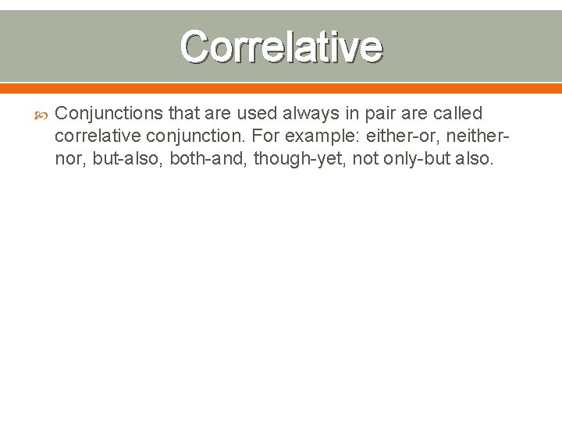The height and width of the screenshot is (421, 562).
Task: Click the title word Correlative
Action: click(281, 47)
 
